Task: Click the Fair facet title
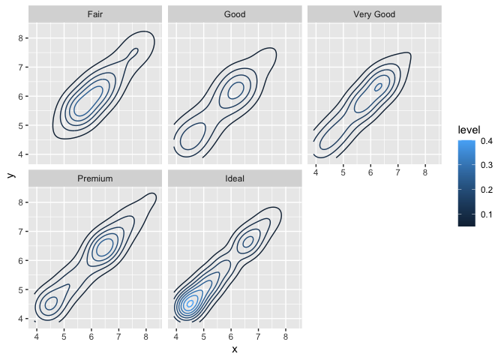point(95,14)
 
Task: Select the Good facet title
point(235,14)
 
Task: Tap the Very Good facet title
point(374,14)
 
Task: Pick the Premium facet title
point(95,179)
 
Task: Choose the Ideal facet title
point(235,179)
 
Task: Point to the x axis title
point(235,349)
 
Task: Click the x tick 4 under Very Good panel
point(316,172)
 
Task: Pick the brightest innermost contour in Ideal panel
point(190,303)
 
